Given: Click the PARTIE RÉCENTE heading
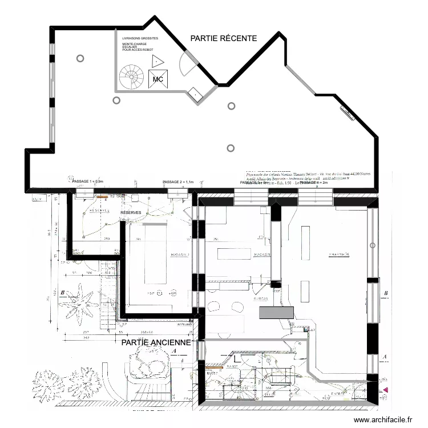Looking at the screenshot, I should point(224,38).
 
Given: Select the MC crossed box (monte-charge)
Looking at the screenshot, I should point(158,79).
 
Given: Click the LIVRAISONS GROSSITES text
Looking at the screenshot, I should point(140,38).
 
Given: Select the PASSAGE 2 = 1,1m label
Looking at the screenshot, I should point(178,181).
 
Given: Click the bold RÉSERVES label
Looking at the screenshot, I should point(131,213).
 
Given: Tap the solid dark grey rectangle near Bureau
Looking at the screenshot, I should point(276,312).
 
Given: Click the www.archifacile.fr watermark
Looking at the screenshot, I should point(382,420).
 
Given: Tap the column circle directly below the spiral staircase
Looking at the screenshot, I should point(116,100).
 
